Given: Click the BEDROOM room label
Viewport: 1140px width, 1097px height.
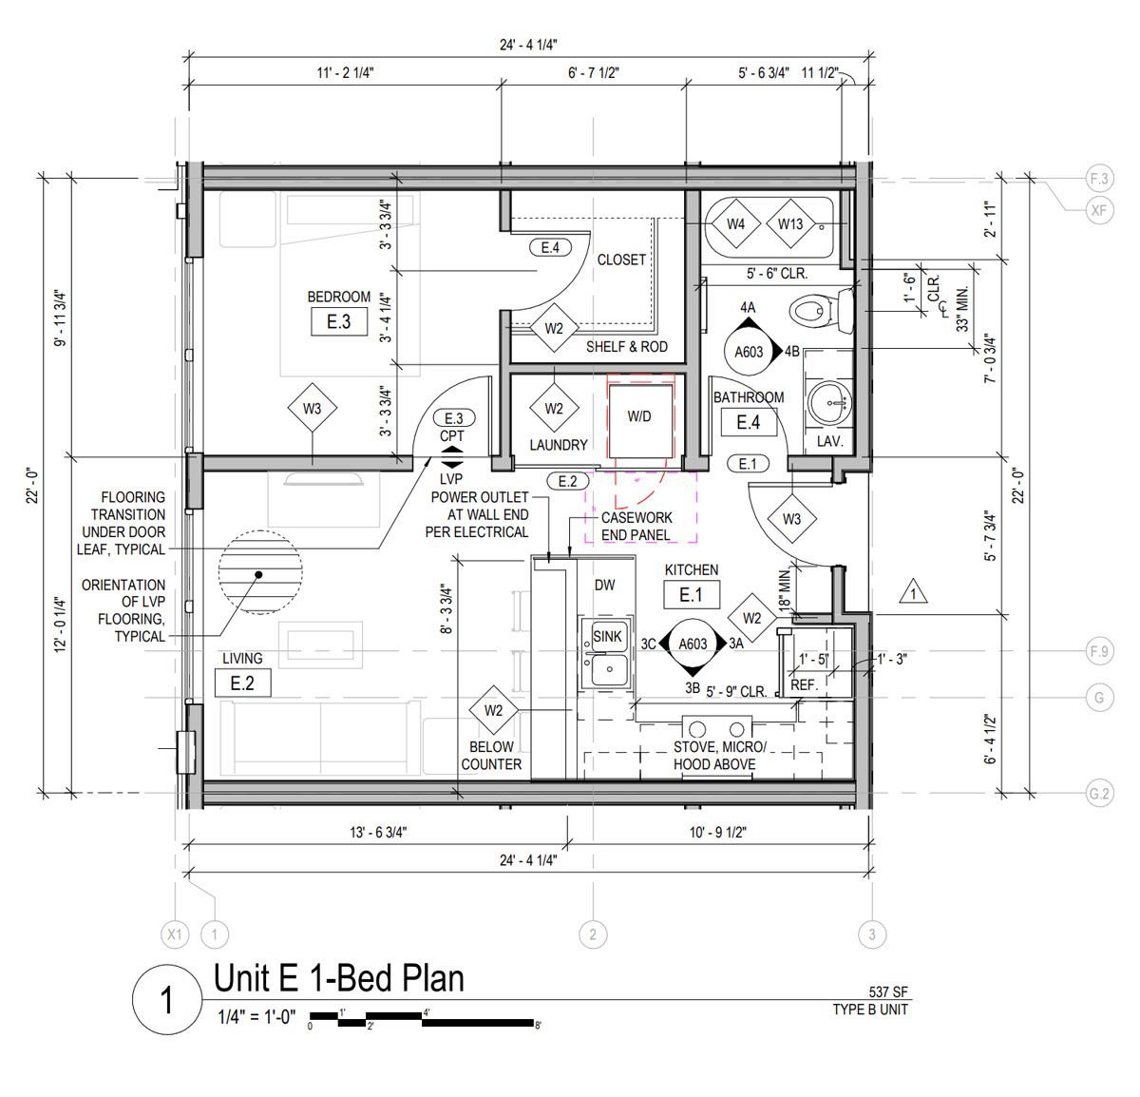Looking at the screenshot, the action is pyautogui.click(x=338, y=297).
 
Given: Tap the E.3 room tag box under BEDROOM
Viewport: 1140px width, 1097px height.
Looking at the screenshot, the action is pyautogui.click(x=338, y=322).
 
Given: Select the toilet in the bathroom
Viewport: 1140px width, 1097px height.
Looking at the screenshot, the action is pyautogui.click(x=822, y=309).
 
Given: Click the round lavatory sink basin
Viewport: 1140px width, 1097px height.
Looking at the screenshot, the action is pyautogui.click(x=829, y=402).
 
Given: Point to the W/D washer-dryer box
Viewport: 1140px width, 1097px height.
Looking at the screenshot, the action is pyautogui.click(x=639, y=420).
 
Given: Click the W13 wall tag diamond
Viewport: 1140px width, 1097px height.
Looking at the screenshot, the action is pyautogui.click(x=789, y=224).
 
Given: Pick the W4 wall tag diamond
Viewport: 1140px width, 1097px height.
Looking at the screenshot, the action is pyautogui.click(x=735, y=224).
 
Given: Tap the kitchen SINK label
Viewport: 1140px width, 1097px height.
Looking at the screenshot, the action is pyautogui.click(x=607, y=636).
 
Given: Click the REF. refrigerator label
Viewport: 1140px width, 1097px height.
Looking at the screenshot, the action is pyautogui.click(x=804, y=684).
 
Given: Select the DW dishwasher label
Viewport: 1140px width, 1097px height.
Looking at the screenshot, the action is pyautogui.click(x=604, y=585).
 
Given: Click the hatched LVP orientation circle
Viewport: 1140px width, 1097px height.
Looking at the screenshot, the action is pyautogui.click(x=260, y=572).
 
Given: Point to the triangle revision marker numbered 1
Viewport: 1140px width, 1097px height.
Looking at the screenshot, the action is pyautogui.click(x=913, y=592).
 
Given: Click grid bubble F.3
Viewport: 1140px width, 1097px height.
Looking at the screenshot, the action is pyautogui.click(x=1099, y=179).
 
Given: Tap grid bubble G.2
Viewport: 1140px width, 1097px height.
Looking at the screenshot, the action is pyautogui.click(x=1099, y=794).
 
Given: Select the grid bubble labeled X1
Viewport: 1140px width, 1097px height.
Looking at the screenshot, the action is pyautogui.click(x=175, y=934).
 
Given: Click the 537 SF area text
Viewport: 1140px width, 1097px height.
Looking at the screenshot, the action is pyautogui.click(x=888, y=992).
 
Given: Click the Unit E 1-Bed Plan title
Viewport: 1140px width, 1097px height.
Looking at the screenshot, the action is pyautogui.click(x=338, y=978).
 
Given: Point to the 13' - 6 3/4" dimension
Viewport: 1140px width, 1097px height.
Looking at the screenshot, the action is pyautogui.click(x=378, y=832).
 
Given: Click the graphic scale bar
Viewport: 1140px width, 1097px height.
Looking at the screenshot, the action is pyautogui.click(x=422, y=1019).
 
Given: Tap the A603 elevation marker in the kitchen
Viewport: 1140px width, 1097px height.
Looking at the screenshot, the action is pyautogui.click(x=693, y=644).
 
